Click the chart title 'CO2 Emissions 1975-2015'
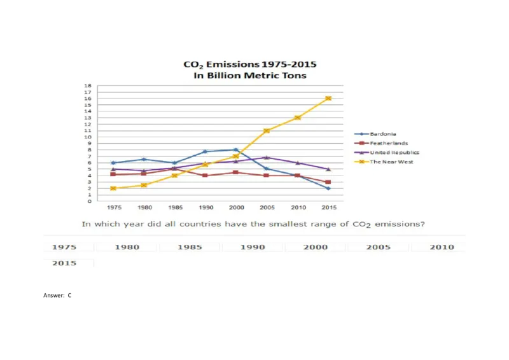click(x=249, y=64)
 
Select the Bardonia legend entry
click(x=384, y=134)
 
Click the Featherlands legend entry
click(x=388, y=144)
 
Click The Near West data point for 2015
click(x=328, y=99)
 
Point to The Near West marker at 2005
click(x=267, y=130)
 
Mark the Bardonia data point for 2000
click(x=236, y=150)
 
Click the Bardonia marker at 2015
click(x=328, y=188)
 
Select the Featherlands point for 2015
click(x=328, y=182)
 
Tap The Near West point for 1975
click(x=113, y=188)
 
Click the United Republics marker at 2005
click(x=267, y=157)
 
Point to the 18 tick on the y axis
click(x=88, y=85)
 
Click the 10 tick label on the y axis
click(x=88, y=137)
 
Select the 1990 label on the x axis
click(x=205, y=208)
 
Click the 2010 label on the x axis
click(x=298, y=208)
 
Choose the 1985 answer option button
click(x=190, y=247)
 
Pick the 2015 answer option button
click(x=64, y=263)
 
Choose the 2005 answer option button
click(x=379, y=247)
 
